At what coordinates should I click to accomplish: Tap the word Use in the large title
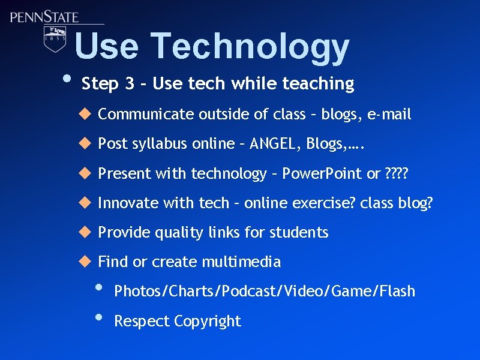coord(106,47)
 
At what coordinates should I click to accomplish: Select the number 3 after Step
coord(130,84)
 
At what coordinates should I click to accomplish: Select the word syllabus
coord(142,145)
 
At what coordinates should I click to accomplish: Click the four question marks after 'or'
coord(396,174)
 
